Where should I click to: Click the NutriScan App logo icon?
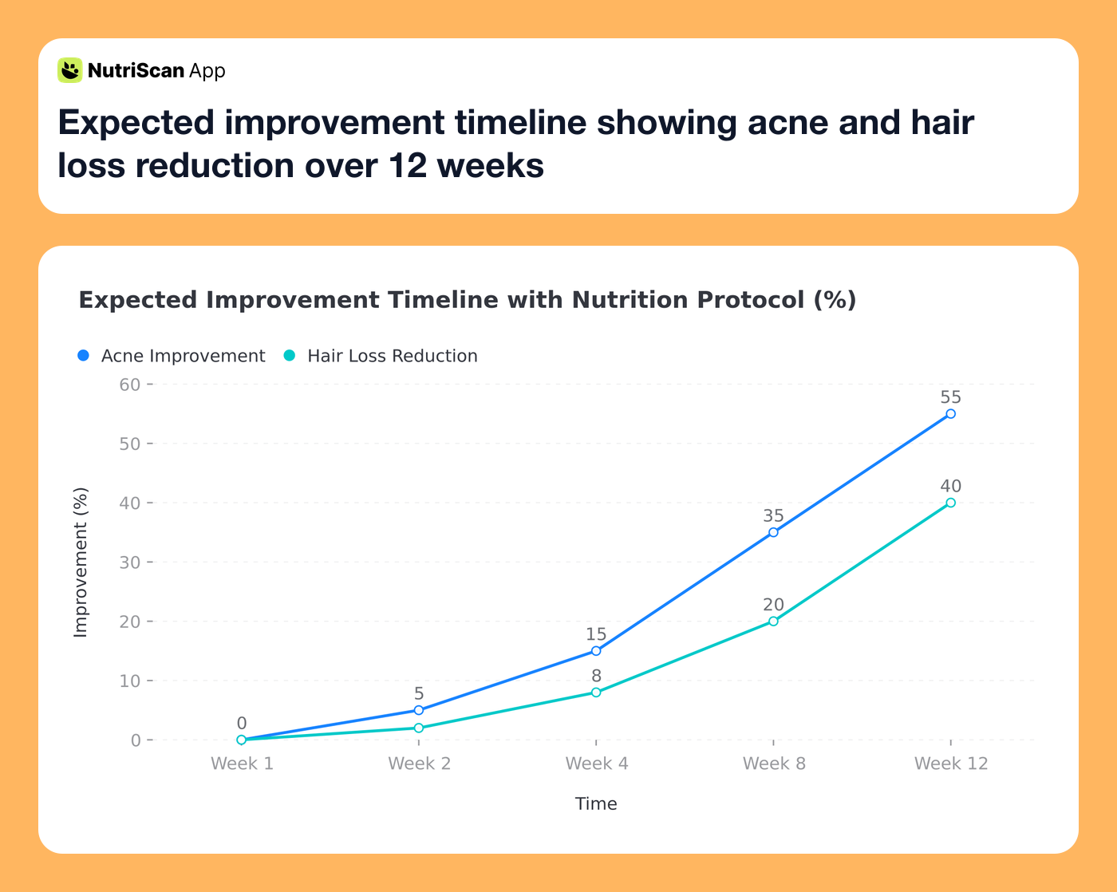point(70,70)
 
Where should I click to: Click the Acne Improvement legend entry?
point(172,356)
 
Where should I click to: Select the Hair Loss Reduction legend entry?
point(381,356)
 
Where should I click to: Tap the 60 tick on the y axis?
point(130,385)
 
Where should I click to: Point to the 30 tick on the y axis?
point(130,562)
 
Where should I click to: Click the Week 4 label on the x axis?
point(596,764)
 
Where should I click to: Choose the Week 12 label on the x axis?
point(950,764)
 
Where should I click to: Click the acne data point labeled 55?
point(950,414)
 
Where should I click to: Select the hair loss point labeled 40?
point(950,503)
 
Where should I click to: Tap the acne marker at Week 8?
point(773,532)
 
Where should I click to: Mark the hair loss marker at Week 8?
point(773,621)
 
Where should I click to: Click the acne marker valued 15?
point(596,651)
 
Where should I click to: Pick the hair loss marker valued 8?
point(596,693)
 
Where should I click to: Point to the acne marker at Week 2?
point(419,710)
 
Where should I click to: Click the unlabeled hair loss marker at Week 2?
point(419,728)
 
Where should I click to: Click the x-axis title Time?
point(596,803)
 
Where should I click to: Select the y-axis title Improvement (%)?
point(81,562)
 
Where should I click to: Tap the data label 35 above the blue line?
point(773,516)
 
